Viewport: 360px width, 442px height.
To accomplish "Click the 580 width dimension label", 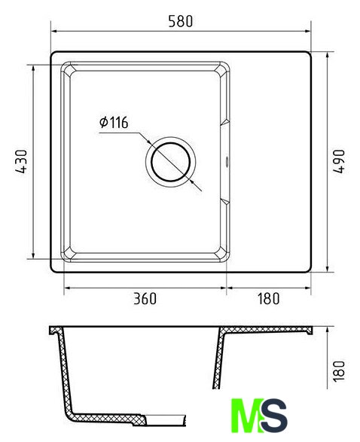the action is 181,21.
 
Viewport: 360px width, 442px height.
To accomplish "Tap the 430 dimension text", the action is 21,161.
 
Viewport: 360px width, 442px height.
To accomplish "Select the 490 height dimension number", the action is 339,161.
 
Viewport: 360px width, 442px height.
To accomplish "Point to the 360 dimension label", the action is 145,299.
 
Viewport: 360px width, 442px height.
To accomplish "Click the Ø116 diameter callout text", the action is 114,122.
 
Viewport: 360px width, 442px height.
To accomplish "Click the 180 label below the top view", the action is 268,299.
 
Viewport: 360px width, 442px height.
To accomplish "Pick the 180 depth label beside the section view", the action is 339,371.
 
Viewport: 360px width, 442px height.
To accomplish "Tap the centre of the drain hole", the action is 170,162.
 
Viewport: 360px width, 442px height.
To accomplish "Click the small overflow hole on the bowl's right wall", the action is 227,162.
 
